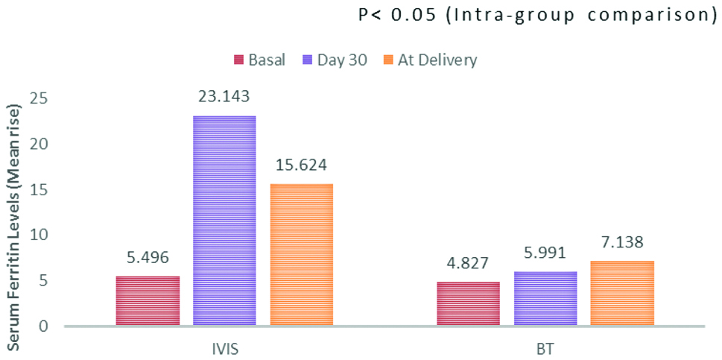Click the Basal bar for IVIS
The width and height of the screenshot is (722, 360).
[x=148, y=301]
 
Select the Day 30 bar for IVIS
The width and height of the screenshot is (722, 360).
[x=224, y=221]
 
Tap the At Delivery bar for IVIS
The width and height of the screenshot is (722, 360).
[x=301, y=255]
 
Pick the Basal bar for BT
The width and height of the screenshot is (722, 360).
[x=468, y=304]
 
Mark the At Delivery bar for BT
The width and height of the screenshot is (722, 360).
[x=622, y=294]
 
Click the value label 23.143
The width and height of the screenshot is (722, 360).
[x=224, y=96]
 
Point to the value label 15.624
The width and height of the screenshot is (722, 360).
[x=301, y=165]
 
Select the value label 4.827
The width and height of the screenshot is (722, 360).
[x=468, y=263]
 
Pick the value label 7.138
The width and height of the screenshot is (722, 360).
[x=622, y=242]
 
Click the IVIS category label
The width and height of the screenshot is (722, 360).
[x=224, y=347]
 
